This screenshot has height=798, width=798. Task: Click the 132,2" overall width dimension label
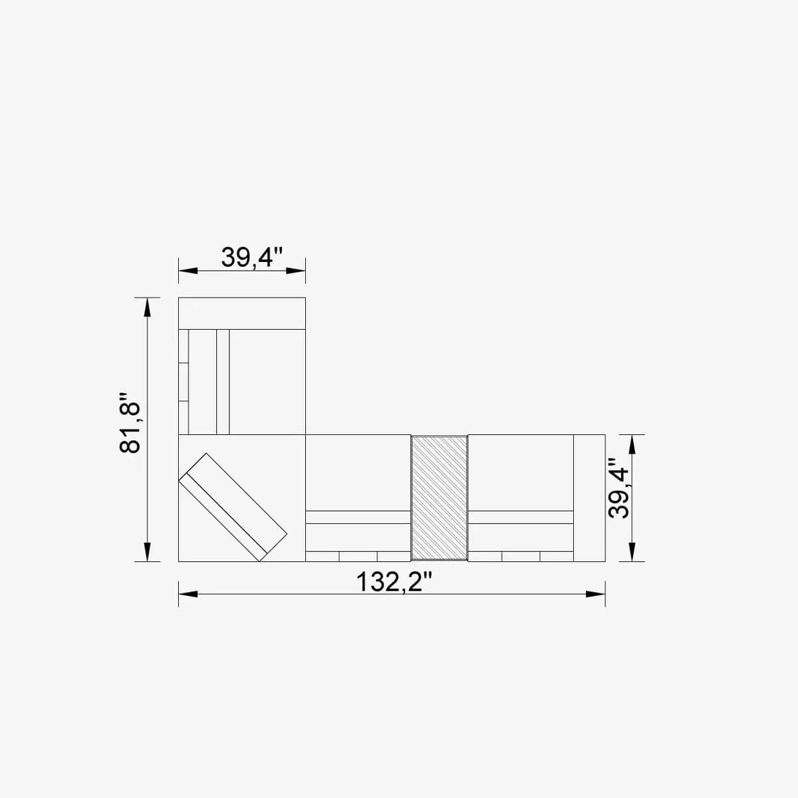coord(394,582)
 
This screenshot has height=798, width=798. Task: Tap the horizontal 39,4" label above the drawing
coord(252,257)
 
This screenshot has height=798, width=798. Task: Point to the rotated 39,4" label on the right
coord(618,491)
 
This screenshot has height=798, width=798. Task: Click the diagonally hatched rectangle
coord(439,497)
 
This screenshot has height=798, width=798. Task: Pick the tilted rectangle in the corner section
coord(233,507)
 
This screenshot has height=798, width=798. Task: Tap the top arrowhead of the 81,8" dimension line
coord(148,307)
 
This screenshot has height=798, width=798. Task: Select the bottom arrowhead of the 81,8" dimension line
coord(148,552)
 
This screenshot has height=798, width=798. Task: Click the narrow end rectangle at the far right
coord(589,497)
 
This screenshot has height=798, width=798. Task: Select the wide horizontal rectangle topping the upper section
coord(242,313)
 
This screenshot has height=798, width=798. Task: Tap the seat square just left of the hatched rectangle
coord(358,472)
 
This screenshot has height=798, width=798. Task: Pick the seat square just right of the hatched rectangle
coord(521,472)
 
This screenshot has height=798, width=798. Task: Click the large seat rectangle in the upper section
coord(267,382)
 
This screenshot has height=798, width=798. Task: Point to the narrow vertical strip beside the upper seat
coord(223,382)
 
